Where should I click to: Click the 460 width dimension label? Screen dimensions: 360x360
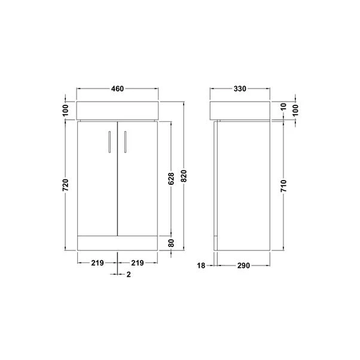coord(117,90)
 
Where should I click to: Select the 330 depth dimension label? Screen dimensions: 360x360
coord(239,90)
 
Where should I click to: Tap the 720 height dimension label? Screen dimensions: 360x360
coord(66,184)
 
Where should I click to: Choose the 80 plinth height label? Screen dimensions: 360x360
coord(171,243)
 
